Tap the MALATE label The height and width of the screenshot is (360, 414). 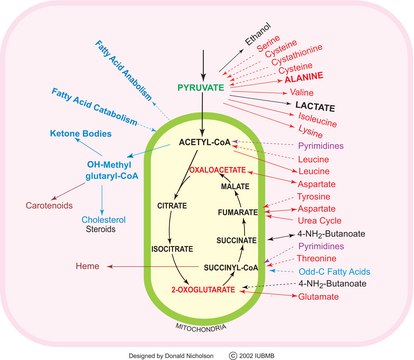click(233, 187)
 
